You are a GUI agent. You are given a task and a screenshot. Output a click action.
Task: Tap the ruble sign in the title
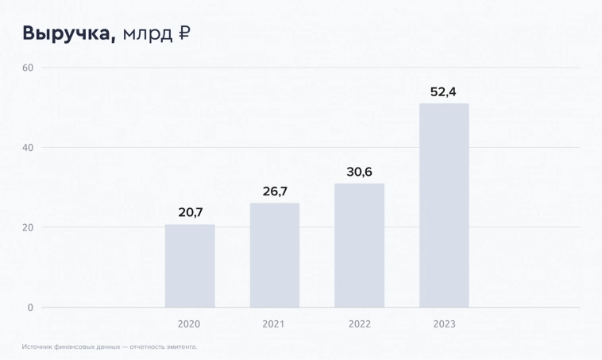[184, 33]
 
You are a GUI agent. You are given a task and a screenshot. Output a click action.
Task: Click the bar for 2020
[190, 265]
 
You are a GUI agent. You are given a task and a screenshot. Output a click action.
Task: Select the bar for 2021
[275, 255]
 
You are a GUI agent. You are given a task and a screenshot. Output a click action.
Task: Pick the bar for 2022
[359, 246]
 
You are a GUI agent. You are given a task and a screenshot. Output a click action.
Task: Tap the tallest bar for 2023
[444, 205]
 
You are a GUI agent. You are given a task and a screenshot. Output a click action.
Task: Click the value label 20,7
[190, 212]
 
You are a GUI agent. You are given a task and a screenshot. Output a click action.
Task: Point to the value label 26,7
[275, 192]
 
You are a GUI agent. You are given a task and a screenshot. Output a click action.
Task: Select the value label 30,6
[359, 172]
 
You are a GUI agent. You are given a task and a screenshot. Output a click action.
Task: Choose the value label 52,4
[443, 91]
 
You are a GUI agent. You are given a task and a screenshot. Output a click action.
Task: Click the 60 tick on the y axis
[27, 68]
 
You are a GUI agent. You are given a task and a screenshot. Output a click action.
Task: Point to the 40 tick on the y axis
[27, 148]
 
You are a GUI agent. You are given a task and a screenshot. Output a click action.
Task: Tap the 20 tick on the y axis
[27, 227]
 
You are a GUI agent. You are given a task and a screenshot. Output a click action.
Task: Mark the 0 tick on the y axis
[30, 308]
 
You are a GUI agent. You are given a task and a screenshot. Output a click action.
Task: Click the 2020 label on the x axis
[189, 324]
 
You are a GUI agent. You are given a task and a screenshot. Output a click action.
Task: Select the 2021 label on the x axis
[274, 324]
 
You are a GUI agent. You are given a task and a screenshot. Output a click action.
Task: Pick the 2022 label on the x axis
[359, 324]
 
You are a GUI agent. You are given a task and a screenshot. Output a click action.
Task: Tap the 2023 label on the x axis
[444, 324]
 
